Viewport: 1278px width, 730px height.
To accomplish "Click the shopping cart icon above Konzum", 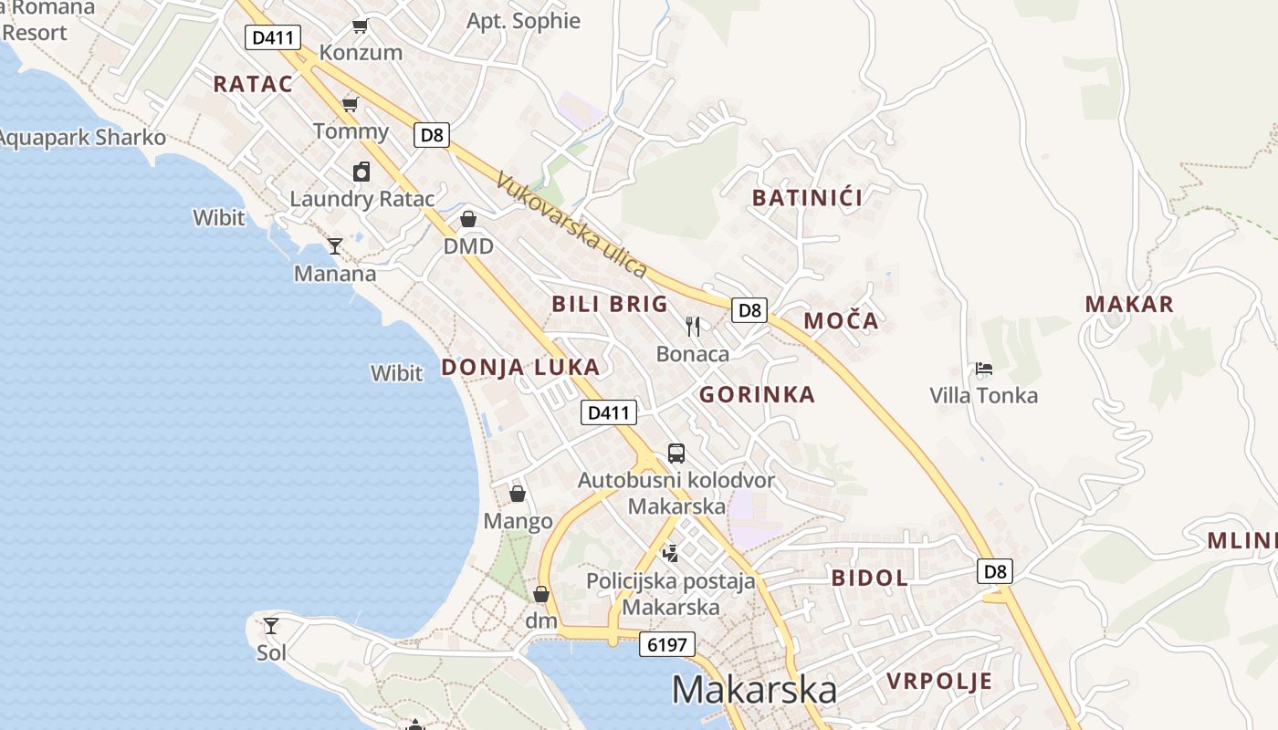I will [361, 26].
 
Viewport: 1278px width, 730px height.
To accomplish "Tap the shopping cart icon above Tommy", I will [350, 104].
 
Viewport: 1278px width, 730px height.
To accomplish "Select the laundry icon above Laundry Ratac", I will [361, 172].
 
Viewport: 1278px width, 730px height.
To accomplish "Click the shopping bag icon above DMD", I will [468, 219].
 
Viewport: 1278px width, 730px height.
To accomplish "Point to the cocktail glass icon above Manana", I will [335, 245].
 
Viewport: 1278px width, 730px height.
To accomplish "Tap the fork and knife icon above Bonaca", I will [693, 326].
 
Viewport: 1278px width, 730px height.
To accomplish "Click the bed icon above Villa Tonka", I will [984, 369].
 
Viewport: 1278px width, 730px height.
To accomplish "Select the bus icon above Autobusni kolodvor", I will [676, 453].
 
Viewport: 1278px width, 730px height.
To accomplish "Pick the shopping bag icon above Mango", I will [518, 494].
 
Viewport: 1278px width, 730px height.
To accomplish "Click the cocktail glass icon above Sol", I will [271, 626].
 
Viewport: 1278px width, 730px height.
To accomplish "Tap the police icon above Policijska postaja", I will [671, 553].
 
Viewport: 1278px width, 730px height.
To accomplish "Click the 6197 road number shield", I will [667, 644].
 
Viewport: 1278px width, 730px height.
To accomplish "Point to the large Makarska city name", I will [754, 690].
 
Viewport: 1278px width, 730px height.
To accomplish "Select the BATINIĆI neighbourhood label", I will [807, 198].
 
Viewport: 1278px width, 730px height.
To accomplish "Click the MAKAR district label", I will [1129, 305].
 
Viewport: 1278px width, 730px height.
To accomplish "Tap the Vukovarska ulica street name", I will [571, 224].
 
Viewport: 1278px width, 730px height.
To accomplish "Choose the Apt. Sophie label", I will [523, 21].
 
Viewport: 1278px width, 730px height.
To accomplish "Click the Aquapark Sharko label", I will [82, 138].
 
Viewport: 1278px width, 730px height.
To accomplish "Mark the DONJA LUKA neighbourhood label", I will [520, 368].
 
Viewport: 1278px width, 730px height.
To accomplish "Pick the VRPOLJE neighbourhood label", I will [939, 682].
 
